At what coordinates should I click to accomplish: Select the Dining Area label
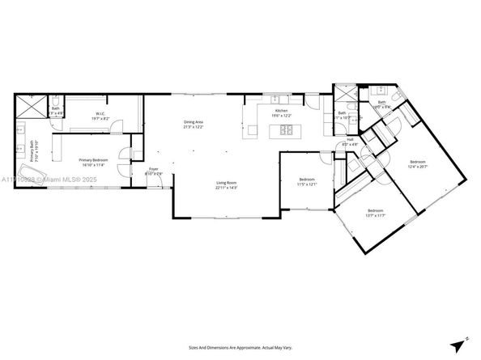pyautogui.click(x=194, y=122)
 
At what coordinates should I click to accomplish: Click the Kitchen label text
pyautogui.click(x=281, y=110)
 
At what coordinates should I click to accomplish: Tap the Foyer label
pyautogui.click(x=153, y=168)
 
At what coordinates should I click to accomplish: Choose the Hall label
pyautogui.click(x=351, y=139)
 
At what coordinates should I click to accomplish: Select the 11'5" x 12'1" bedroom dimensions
pyautogui.click(x=307, y=184)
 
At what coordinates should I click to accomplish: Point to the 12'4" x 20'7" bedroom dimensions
pyautogui.click(x=418, y=167)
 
